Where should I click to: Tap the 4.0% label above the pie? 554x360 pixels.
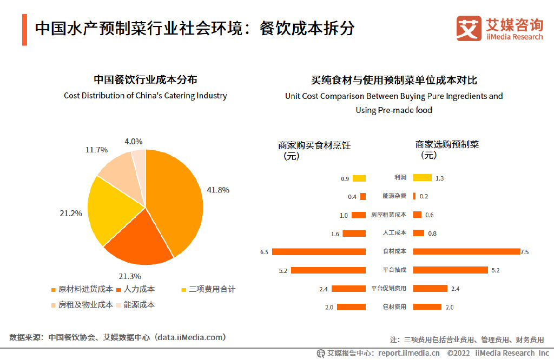(133, 142)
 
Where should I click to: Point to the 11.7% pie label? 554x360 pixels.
(96, 150)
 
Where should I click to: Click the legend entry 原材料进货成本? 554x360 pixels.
(82, 289)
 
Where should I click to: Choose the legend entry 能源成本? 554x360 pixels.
(136, 305)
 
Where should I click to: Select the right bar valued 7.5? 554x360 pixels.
(466, 251)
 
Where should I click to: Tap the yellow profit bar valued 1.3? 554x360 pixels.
(422, 178)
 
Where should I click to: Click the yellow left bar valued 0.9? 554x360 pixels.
(359, 178)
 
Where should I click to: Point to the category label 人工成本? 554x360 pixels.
(394, 234)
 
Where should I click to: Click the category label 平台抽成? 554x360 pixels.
(394, 270)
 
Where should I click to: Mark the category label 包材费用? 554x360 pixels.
(394, 306)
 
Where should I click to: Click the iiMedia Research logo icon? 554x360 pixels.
(469, 28)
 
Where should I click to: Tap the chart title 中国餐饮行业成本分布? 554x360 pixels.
(145, 80)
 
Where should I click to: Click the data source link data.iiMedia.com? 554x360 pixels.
(190, 337)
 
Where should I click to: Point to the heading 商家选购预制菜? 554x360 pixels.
(447, 145)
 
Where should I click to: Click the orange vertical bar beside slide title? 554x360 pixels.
(24, 30)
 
